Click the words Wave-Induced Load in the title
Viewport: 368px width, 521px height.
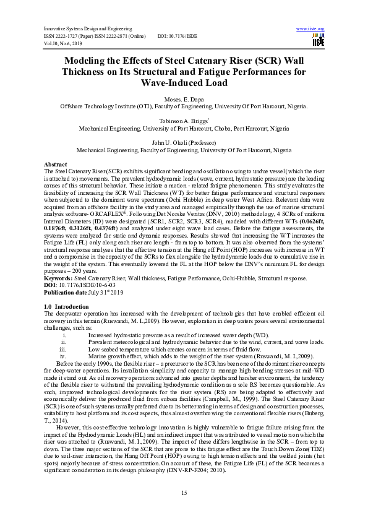[184, 83]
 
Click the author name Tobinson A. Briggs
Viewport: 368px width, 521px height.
[183, 121]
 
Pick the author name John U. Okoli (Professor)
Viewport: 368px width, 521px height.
[183, 143]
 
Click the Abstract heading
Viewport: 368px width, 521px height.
[54, 163]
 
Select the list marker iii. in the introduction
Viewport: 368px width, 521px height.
[62, 349]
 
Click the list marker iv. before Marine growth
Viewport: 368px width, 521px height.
[62, 356]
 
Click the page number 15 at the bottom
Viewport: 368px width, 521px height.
[184, 493]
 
